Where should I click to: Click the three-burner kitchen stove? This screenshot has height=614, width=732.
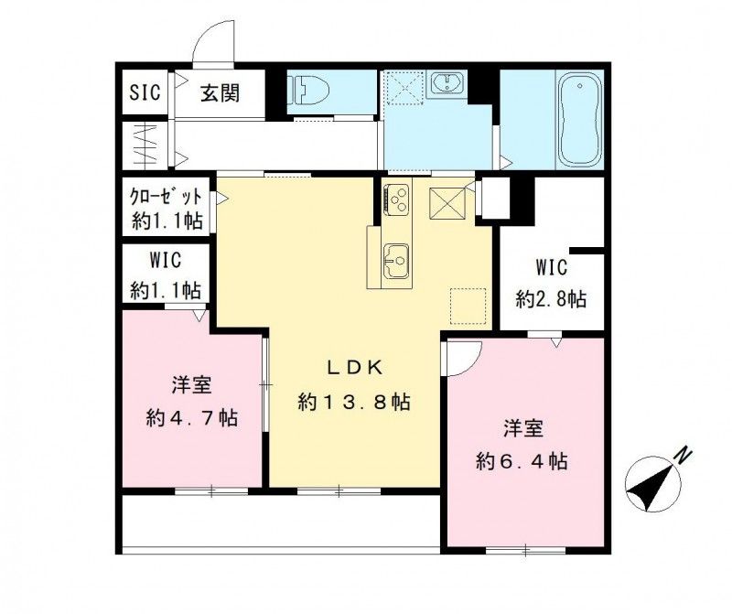pyautogui.click(x=398, y=199)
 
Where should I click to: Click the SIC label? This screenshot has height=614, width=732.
pyautogui.click(x=144, y=92)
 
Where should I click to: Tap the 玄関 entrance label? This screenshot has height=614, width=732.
pyautogui.click(x=221, y=92)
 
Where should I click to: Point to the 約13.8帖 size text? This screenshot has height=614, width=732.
pyautogui.click(x=352, y=402)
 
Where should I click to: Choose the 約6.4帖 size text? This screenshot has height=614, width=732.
pyautogui.click(x=522, y=462)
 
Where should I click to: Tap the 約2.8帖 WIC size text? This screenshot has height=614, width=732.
pyautogui.click(x=551, y=299)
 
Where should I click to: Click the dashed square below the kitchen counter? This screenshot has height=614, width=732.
pyautogui.click(x=468, y=304)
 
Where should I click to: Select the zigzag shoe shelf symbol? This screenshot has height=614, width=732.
pyautogui.click(x=145, y=144)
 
